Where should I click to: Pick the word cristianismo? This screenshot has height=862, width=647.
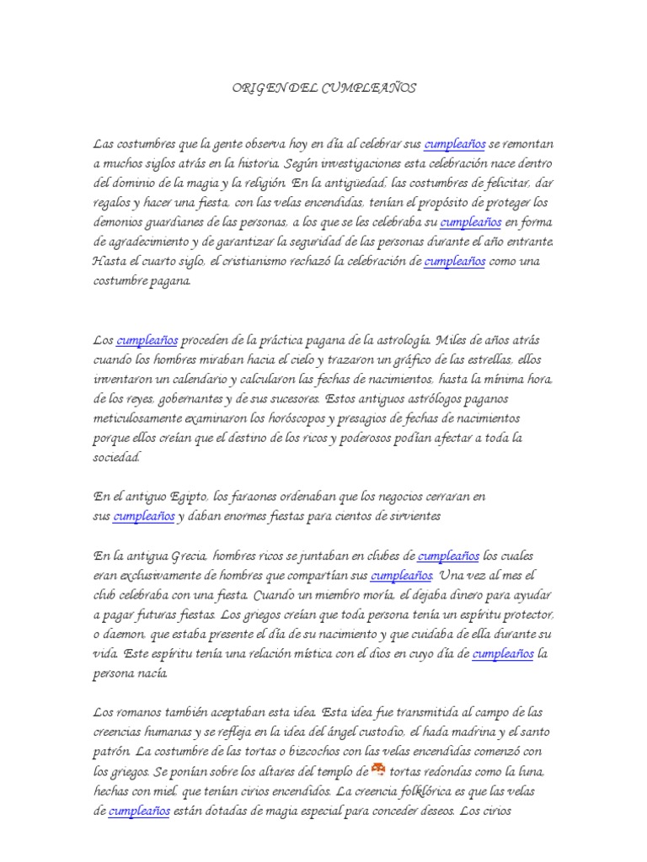pos(260,262)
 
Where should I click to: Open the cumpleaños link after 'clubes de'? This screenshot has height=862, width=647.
pos(449,556)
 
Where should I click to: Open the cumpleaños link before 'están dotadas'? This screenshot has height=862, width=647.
pos(140,811)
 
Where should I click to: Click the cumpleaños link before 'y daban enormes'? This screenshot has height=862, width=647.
pos(144,516)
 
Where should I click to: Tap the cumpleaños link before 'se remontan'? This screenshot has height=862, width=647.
pos(456,145)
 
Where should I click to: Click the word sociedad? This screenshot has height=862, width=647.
pos(117,457)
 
